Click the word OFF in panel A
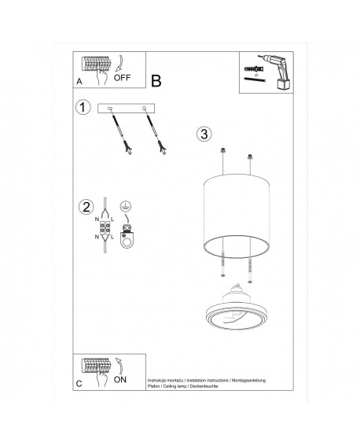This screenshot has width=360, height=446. click(x=123, y=78)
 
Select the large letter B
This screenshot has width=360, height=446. click(x=156, y=81)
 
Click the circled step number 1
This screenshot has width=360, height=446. click(x=82, y=108)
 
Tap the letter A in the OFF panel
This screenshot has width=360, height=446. click(x=80, y=82)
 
